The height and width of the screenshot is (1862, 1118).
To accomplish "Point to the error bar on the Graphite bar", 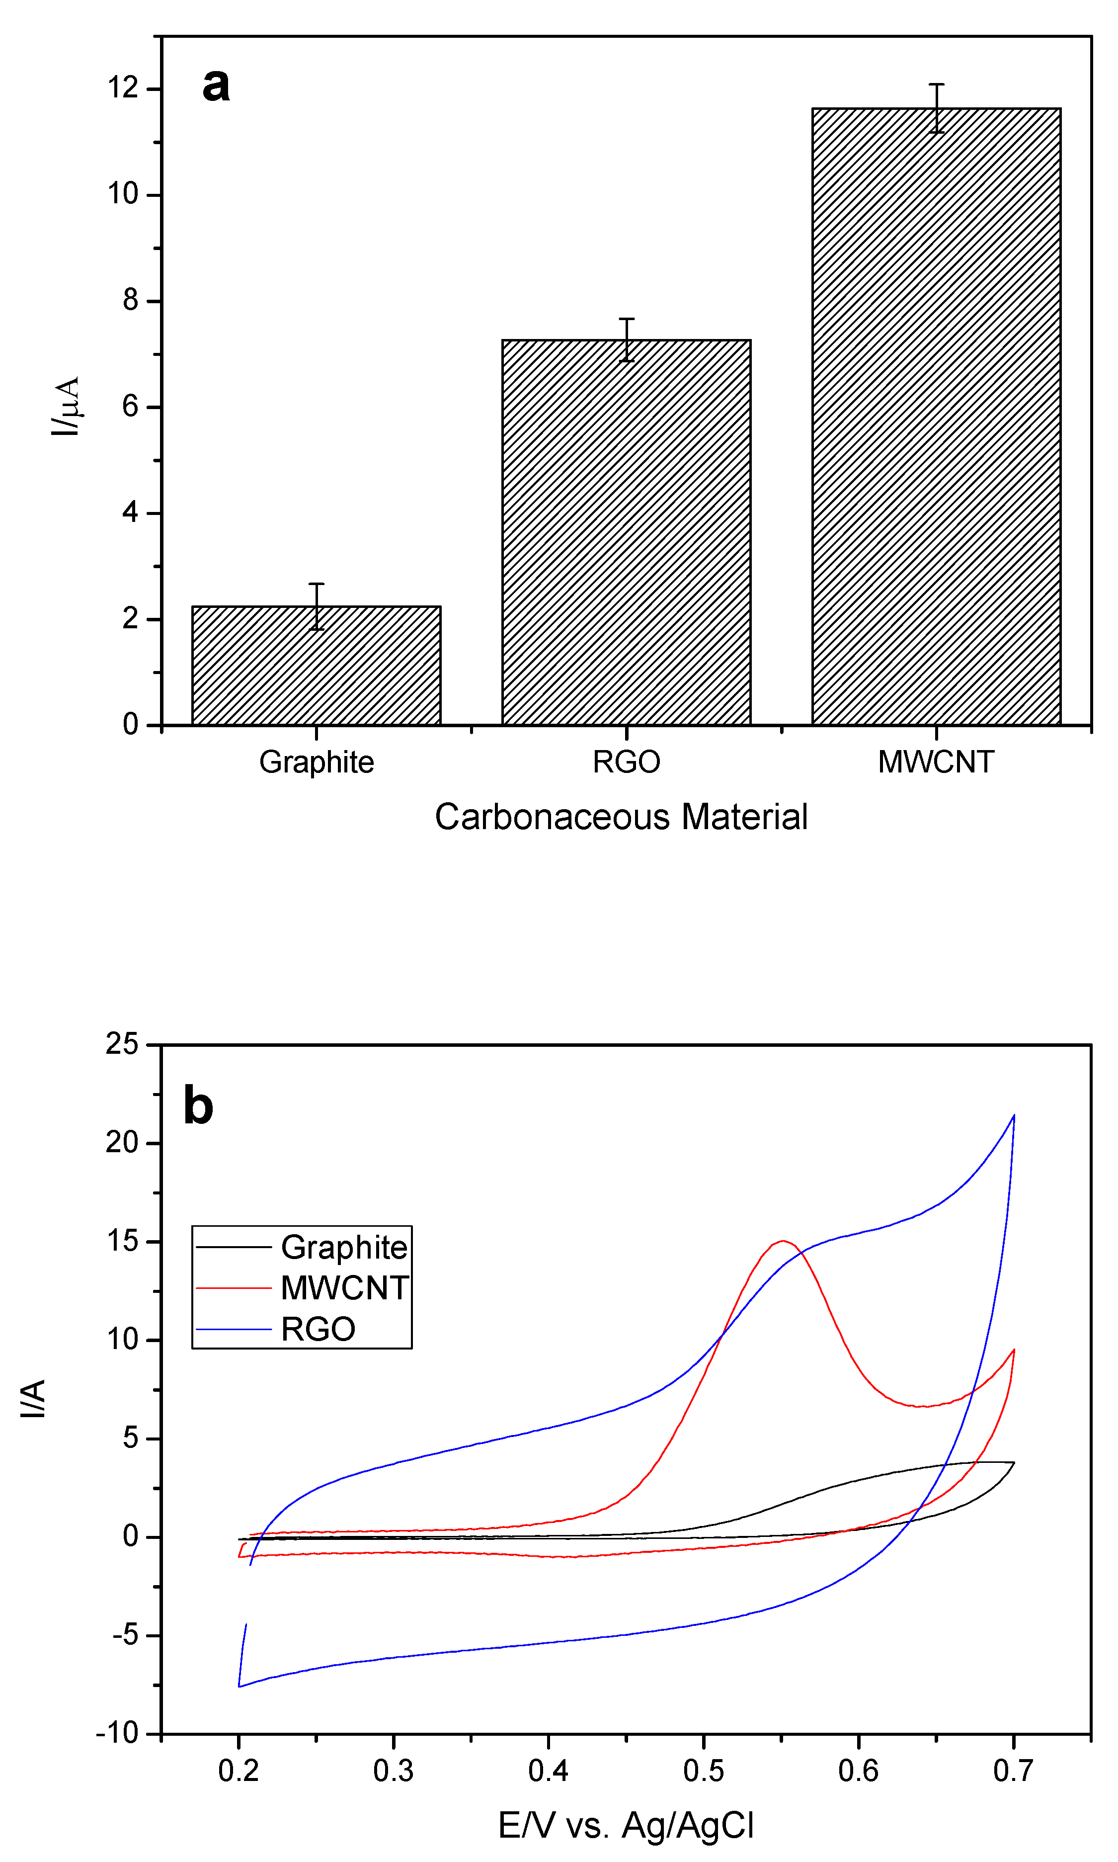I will pos(317,606).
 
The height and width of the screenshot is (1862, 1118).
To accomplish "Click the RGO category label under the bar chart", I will pos(626,762).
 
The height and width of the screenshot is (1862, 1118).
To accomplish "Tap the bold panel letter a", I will pos(216,85).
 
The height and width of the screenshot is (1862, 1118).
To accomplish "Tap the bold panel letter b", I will pos(198,1105).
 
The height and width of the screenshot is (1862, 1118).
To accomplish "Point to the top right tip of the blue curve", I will pos(1014,1115).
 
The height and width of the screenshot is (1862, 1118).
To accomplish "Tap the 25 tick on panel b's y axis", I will pos(122,1044).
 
